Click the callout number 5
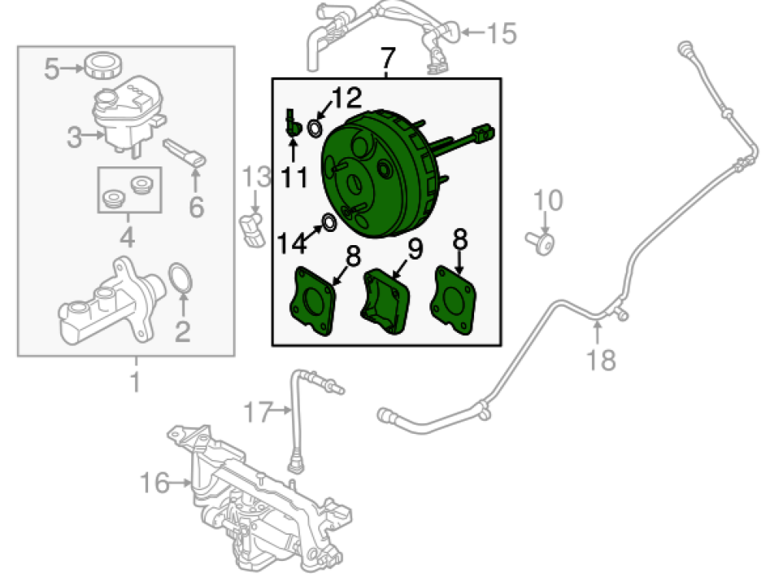coord(52,70)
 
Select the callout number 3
coord(74,139)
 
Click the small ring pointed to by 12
coord(316,127)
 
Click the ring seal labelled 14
coord(328,223)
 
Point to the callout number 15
coord(501,34)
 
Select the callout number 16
coord(154,483)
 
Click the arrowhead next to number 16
coord(188,483)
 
